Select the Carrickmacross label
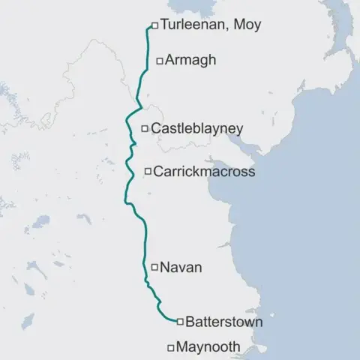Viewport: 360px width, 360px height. tap(203, 172)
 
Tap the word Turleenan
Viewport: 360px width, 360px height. tap(193, 25)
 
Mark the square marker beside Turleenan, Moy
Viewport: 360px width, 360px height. tap(154, 25)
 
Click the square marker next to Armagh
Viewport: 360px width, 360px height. tap(158, 60)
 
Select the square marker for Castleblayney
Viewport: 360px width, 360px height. tap(145, 129)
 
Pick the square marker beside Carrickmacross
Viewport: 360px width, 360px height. tap(147, 172)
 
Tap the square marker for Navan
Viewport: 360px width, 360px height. tap(154, 266)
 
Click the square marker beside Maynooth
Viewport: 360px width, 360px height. tap(170, 347)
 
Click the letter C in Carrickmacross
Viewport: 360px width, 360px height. tap(158, 172)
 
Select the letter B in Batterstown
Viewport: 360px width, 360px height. tap(190, 322)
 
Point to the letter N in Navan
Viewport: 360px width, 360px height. tap(166, 266)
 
